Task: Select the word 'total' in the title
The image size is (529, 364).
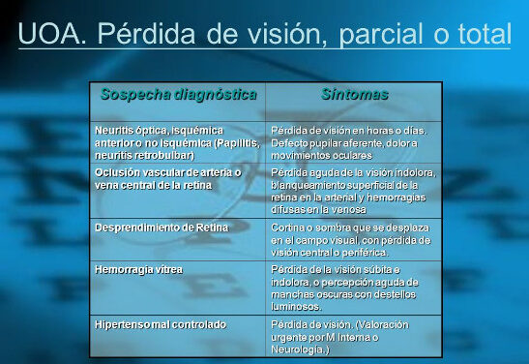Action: pos(479,35)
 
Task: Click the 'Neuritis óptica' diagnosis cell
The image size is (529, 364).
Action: pos(179,141)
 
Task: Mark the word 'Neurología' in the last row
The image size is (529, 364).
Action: pos(299,349)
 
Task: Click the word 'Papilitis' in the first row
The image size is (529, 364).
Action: pos(238,142)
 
